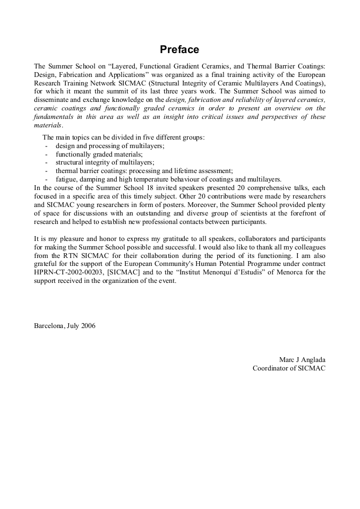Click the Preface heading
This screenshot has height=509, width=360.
click(x=179, y=50)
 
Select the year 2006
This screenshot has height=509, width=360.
click(x=88, y=325)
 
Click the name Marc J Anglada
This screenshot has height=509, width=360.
click(x=302, y=359)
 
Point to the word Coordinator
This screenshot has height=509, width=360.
click(x=271, y=368)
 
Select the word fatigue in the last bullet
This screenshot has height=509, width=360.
click(x=65, y=179)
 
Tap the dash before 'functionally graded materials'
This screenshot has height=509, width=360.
click(x=47, y=154)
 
